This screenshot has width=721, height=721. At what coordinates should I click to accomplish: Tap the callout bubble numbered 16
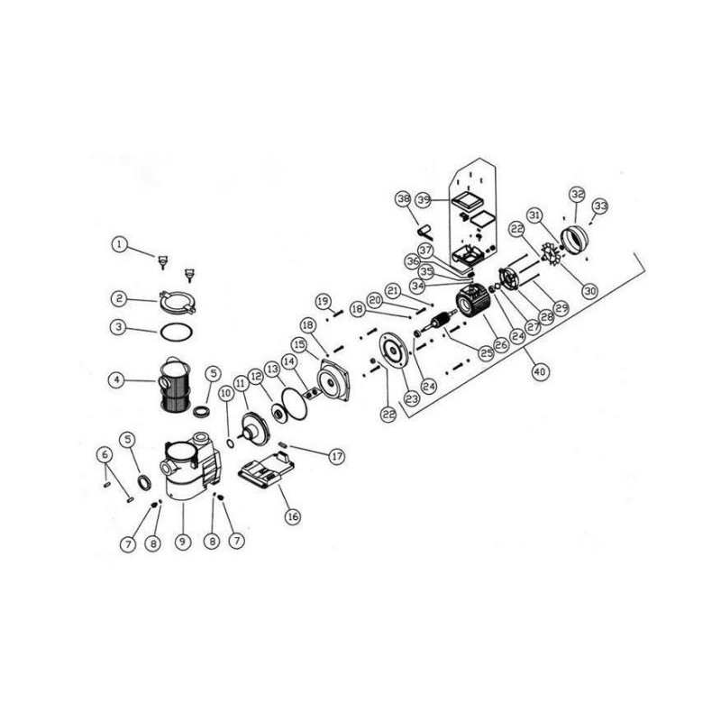click(x=291, y=516)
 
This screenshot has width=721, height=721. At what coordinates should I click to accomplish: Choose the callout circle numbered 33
click(x=600, y=206)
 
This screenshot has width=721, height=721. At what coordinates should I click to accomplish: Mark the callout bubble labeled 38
click(x=403, y=198)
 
